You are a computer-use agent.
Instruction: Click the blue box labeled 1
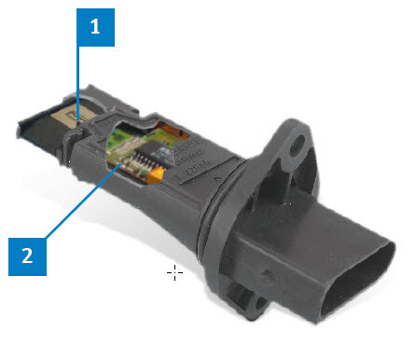pos(95,27)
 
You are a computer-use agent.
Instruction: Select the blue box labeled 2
pos(27,256)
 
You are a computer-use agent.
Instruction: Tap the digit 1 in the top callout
pos(95,26)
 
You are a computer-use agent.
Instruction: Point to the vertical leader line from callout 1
pos(77,83)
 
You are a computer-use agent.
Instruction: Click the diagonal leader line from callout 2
pos(83,201)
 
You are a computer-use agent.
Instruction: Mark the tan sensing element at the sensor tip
pos(72,118)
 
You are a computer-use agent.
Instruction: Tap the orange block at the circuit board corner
pos(156,175)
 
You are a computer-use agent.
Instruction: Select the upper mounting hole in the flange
pos(298,145)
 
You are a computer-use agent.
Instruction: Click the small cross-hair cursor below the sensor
pos(174,273)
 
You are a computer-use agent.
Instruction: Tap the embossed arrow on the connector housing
pos(268,275)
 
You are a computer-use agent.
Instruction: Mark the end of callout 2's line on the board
pos(120,164)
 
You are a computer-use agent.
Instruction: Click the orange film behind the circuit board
pos(175,132)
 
